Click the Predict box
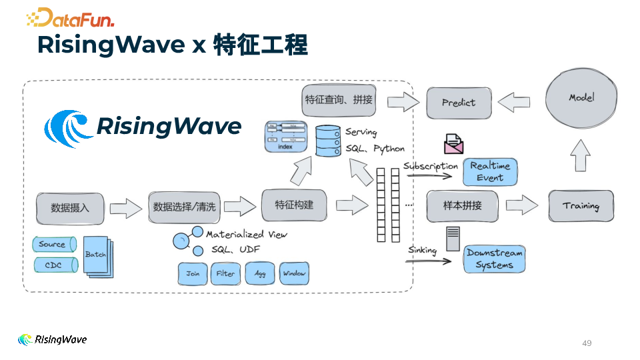coord(459,103)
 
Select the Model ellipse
coord(581,97)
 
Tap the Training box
coord(581,206)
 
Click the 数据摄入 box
coord(70,207)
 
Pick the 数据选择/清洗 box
coord(185,207)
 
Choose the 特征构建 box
coord(294,205)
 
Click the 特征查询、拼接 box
coord(339,100)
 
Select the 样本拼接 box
coord(462,206)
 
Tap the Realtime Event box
coord(490,172)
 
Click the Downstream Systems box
coord(494,259)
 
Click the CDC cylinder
coord(55,265)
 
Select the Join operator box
coord(193,274)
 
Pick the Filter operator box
coord(225,274)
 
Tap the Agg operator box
coord(260,274)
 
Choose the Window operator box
coord(294,274)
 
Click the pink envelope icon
coord(453,143)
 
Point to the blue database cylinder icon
coord(327,141)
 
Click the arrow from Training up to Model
coord(581,157)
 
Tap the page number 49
coord(587,343)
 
